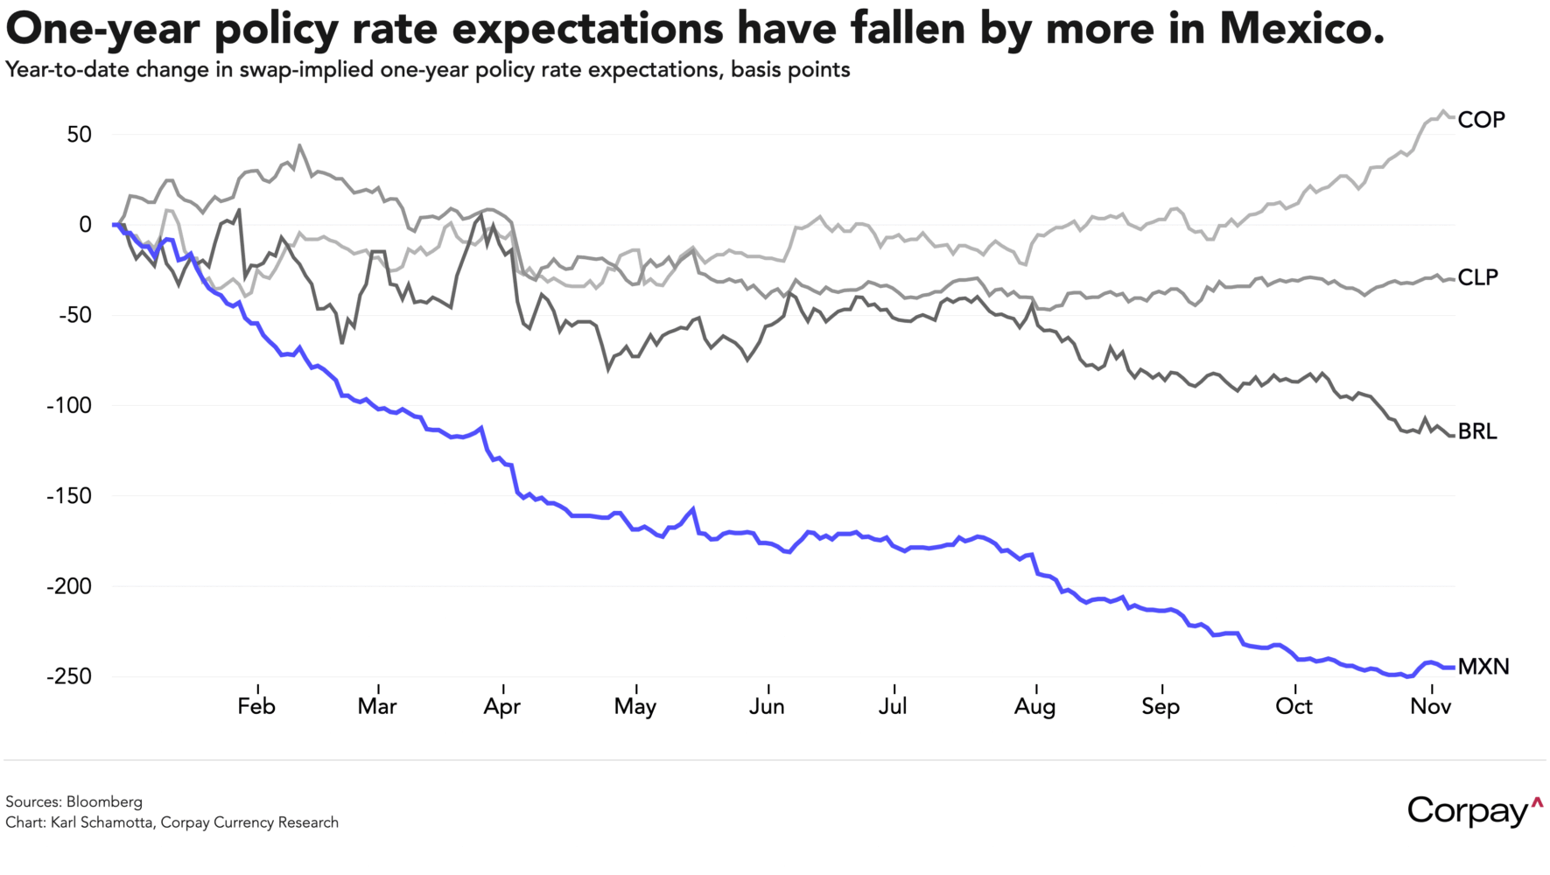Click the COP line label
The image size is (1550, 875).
tap(1481, 120)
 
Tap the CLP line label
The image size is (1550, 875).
tap(1478, 277)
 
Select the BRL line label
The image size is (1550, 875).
tap(1477, 431)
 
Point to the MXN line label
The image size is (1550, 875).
tap(1483, 667)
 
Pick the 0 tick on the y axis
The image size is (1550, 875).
tap(85, 225)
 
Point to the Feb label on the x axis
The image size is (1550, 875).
tap(256, 707)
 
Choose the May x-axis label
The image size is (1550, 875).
tap(635, 707)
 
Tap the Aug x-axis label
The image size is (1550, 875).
tap(1035, 707)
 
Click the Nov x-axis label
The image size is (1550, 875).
tap(1431, 707)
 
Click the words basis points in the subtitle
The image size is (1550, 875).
tap(790, 70)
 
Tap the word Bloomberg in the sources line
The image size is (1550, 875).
tap(104, 801)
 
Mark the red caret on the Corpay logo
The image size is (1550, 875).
tap(1537, 801)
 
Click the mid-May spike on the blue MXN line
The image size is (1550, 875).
tap(693, 508)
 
